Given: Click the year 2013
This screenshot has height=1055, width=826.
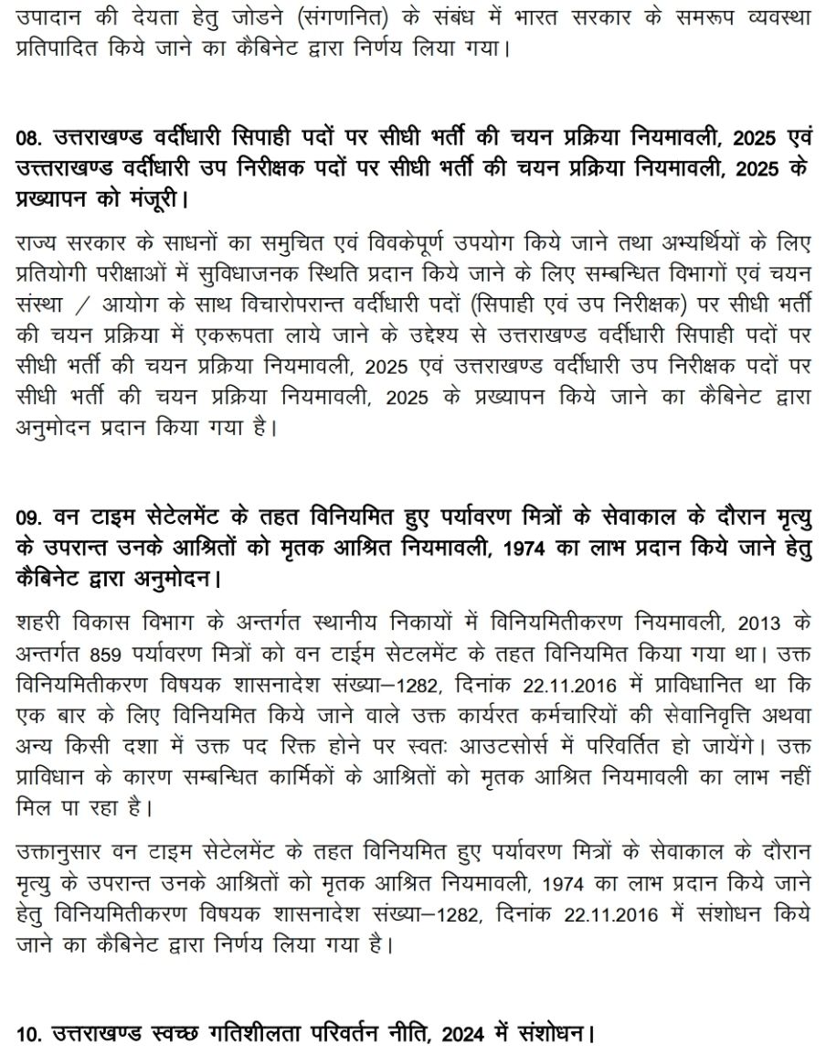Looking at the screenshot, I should click(x=764, y=624).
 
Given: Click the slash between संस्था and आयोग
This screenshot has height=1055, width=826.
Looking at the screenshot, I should click(x=88, y=304).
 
